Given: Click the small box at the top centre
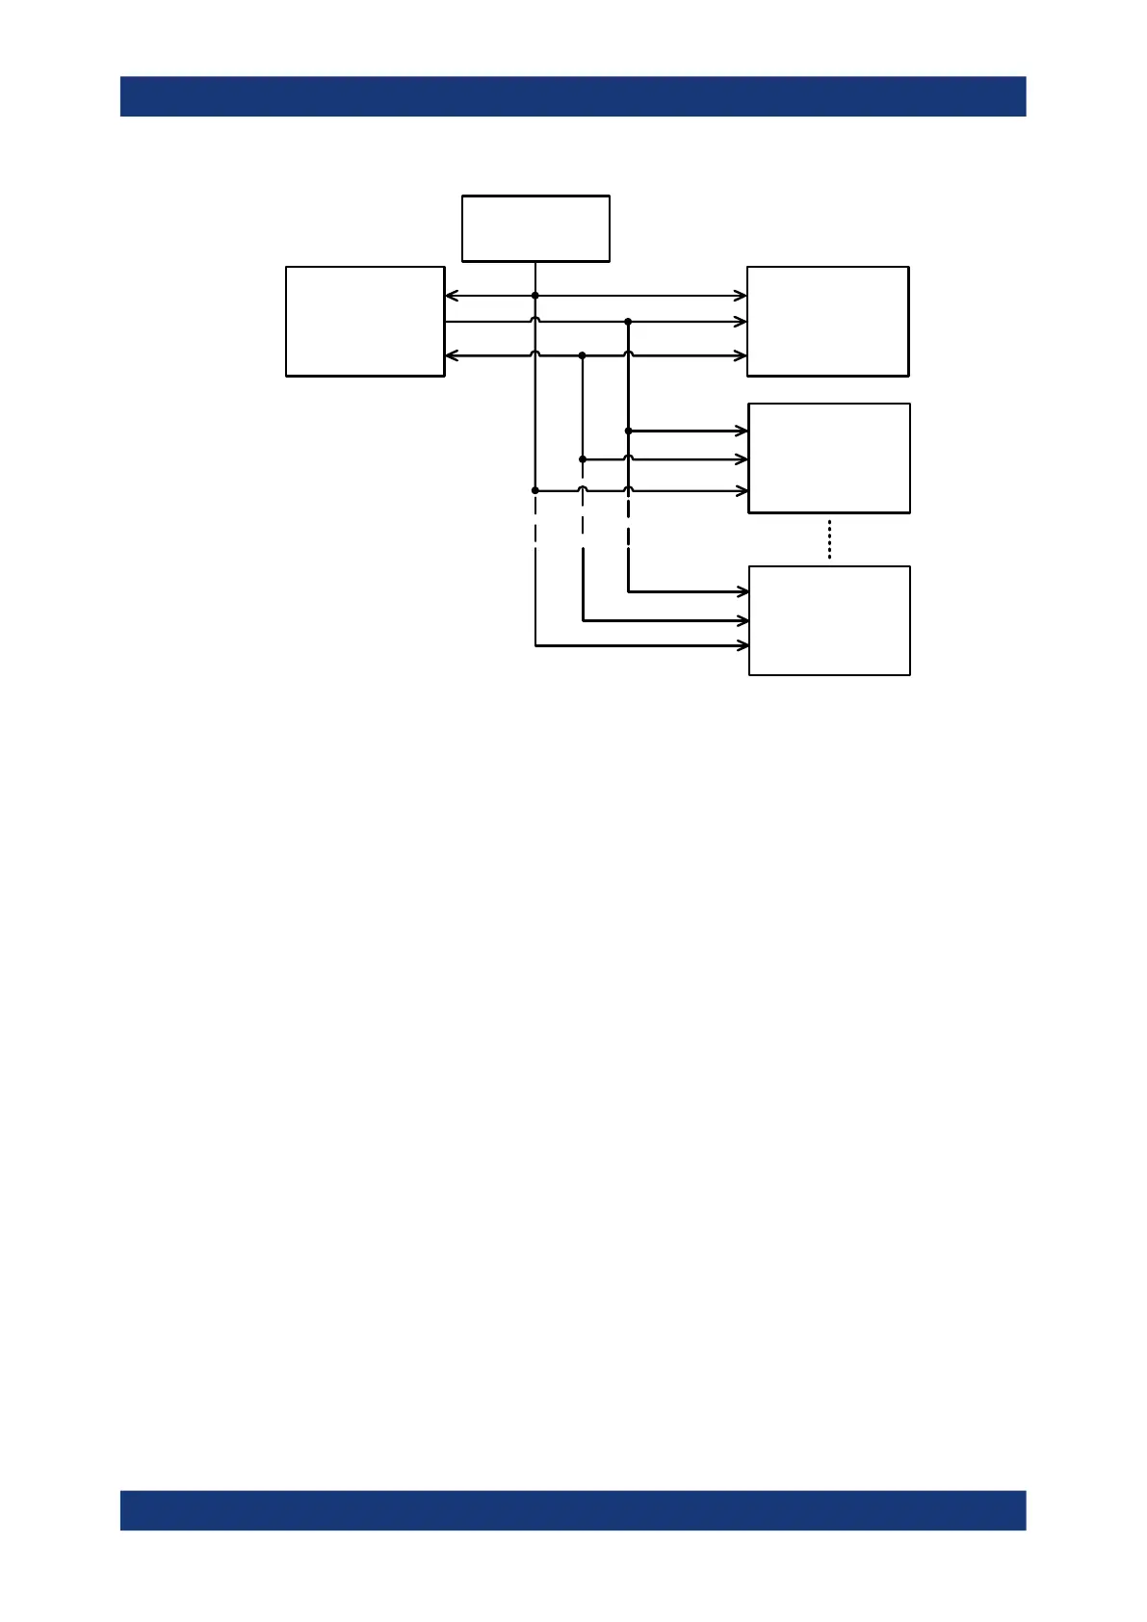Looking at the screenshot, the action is pyautogui.click(x=535, y=228).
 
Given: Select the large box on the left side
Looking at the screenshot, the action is pyautogui.click(x=365, y=322).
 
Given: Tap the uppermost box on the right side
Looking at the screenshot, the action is pyautogui.click(x=827, y=322).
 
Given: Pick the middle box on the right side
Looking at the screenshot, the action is pyautogui.click(x=829, y=458).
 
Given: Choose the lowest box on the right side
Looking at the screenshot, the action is pyautogui.click(x=829, y=621).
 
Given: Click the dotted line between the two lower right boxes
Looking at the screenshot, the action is pyautogui.click(x=829, y=539).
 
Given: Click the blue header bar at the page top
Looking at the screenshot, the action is pyautogui.click(x=573, y=96).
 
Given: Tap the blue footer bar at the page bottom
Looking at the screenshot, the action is pyautogui.click(x=573, y=1510).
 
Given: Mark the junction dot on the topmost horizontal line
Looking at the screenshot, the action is pyautogui.click(x=535, y=296).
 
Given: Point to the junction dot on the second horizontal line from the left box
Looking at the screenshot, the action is pyautogui.click(x=628, y=322).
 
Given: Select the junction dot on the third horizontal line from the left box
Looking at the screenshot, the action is pyautogui.click(x=583, y=355).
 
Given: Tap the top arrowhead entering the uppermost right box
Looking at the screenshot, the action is pyautogui.click(x=742, y=296).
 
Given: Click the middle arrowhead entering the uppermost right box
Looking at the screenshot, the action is pyautogui.click(x=742, y=322).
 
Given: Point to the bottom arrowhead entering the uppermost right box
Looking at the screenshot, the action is pyautogui.click(x=742, y=355).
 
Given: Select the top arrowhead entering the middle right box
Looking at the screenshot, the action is pyautogui.click(x=743, y=432).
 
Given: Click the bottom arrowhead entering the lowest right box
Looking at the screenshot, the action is pyautogui.click(x=743, y=645).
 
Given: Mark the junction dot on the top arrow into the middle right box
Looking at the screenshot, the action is pyautogui.click(x=628, y=432).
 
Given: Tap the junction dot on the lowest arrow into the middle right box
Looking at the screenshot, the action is pyautogui.click(x=535, y=490).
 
